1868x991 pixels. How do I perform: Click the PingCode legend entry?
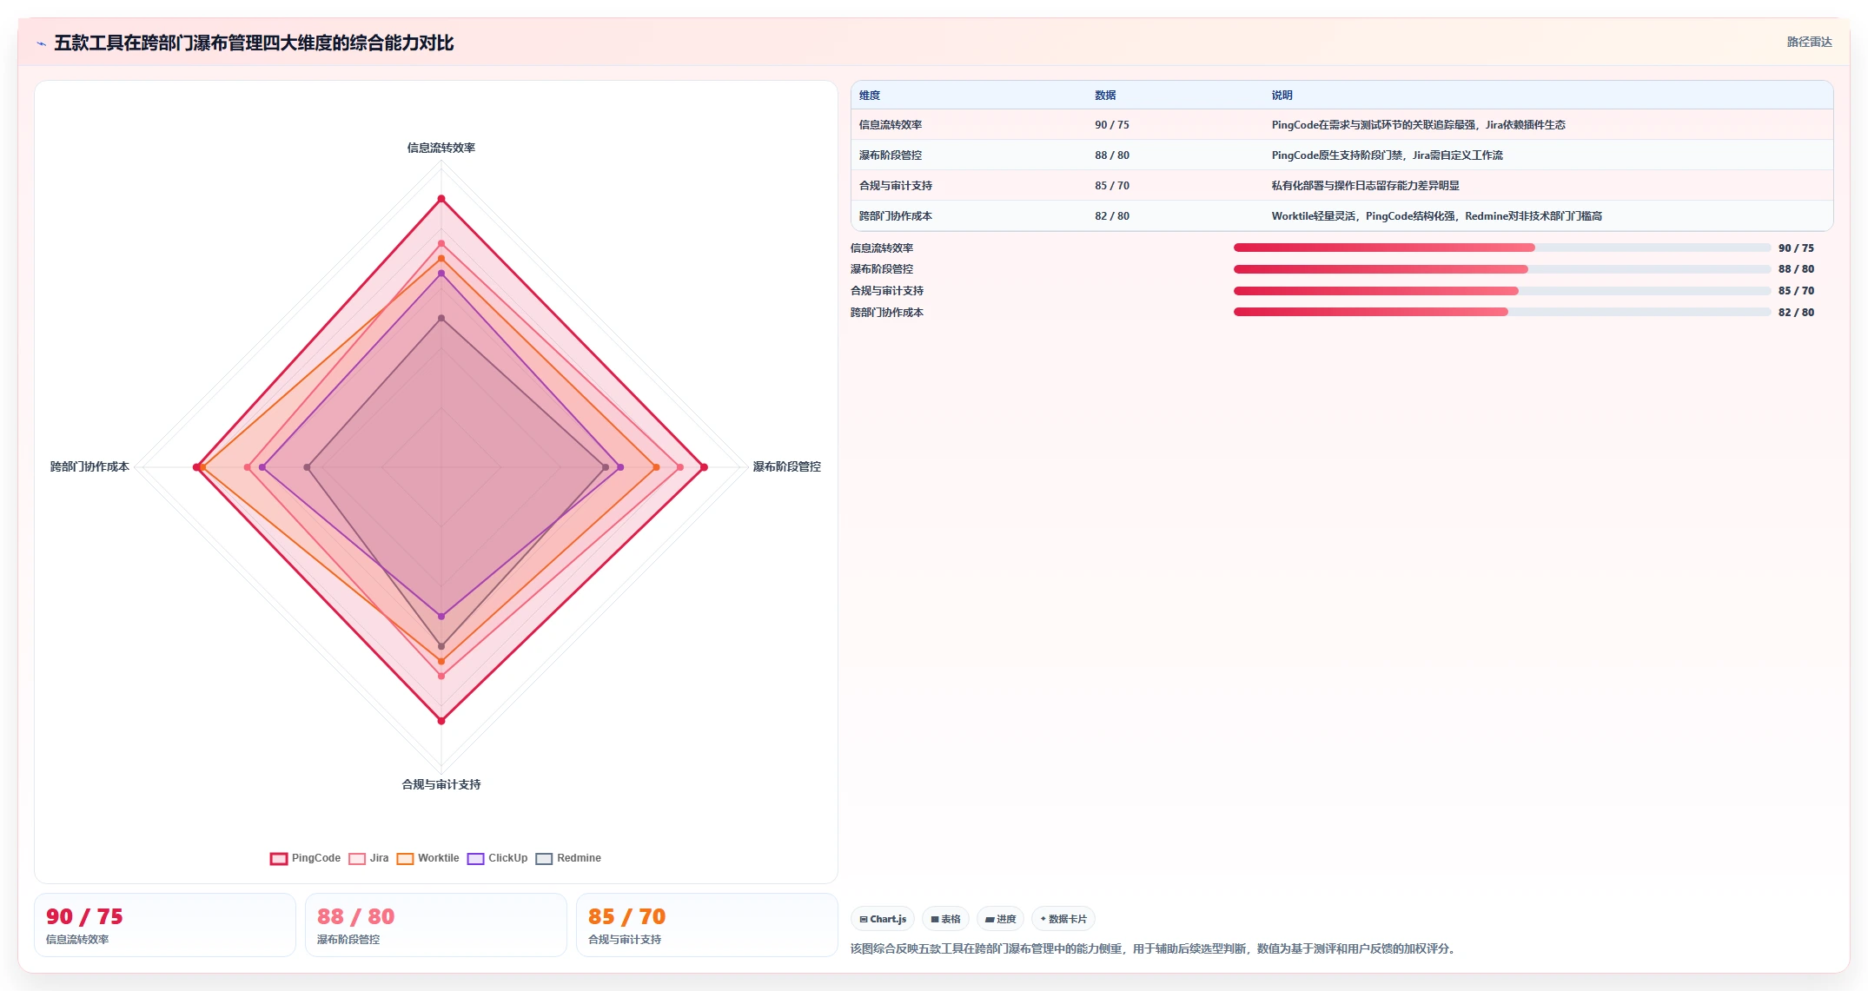(x=305, y=858)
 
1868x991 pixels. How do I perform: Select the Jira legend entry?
(x=368, y=858)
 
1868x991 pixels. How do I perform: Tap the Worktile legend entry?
(x=427, y=858)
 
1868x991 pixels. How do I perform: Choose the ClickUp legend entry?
(x=497, y=858)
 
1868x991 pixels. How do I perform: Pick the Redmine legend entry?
(x=568, y=858)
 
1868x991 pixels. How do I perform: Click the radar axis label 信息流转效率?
(x=441, y=148)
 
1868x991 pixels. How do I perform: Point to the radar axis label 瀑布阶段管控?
(x=787, y=466)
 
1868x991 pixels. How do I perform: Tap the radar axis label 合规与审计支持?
(x=441, y=784)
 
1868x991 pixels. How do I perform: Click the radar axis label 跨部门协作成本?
(x=89, y=466)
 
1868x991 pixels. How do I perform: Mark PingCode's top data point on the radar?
(x=441, y=200)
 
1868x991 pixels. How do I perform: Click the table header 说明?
(x=1282, y=96)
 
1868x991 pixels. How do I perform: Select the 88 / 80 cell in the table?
(x=1112, y=155)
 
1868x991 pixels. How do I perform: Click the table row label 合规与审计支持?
(x=896, y=186)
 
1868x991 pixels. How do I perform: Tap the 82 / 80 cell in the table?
(x=1112, y=216)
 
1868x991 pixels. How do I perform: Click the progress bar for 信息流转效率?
(x=1502, y=248)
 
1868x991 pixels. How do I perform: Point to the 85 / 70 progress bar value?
(x=1796, y=291)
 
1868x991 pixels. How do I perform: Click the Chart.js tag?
(x=883, y=919)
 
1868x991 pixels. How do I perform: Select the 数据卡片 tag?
(x=1063, y=919)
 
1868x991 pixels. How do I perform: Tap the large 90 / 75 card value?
(x=84, y=916)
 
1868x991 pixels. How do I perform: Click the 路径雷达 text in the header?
(x=1809, y=42)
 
